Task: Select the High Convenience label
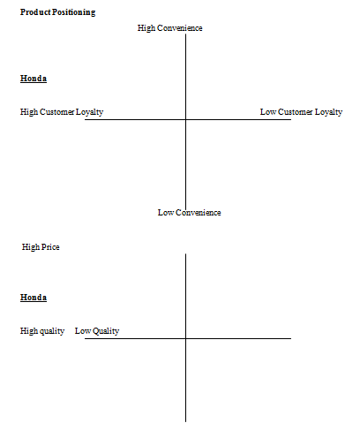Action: [x=170, y=28]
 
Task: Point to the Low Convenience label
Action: [x=190, y=213]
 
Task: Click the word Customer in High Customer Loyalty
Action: [x=57, y=112]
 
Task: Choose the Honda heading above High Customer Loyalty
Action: [x=34, y=79]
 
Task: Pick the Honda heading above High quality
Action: [x=34, y=298]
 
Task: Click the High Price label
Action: [x=41, y=247]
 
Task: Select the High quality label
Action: [x=42, y=331]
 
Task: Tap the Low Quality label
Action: [x=97, y=331]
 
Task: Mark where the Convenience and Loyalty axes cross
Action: [x=185, y=119]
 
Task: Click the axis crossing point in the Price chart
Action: [x=185, y=338]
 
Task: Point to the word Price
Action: [x=50, y=247]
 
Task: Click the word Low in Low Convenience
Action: [x=166, y=213]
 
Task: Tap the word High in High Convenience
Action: [x=146, y=28]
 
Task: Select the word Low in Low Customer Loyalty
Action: [x=268, y=112]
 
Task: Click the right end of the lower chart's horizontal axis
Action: [x=291, y=338]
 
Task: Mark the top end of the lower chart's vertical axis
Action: [x=185, y=253]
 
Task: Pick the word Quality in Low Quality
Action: [x=106, y=331]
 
